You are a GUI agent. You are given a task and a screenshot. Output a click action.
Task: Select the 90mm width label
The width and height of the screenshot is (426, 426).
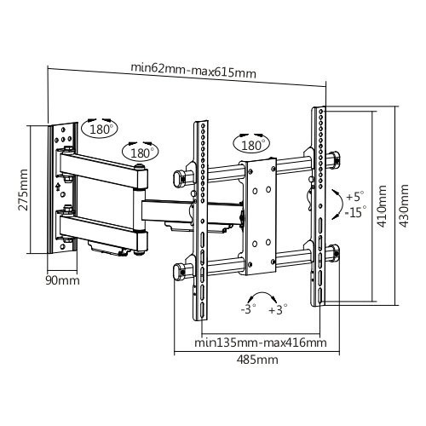62,279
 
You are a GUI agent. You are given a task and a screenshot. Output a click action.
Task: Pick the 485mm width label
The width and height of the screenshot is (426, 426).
260,360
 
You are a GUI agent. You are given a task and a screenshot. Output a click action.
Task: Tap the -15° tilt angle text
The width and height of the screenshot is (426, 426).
356,212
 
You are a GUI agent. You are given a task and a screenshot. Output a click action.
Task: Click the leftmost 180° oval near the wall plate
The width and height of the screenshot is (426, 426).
101,130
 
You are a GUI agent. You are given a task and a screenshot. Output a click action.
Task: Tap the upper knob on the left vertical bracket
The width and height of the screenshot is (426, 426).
180,176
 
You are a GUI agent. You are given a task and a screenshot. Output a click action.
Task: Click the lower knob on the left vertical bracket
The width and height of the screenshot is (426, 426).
180,271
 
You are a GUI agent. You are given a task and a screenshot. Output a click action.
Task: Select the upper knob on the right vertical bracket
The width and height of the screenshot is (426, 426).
334,158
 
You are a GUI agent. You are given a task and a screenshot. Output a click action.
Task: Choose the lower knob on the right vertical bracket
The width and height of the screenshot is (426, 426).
334,252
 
